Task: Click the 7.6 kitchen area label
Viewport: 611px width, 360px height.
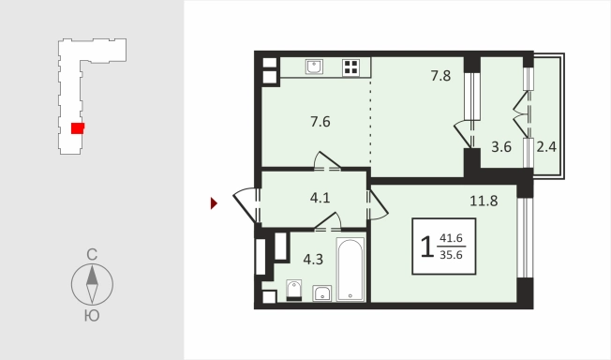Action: click(320, 122)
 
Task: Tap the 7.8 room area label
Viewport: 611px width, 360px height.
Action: click(440, 76)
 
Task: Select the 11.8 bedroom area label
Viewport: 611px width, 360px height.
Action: click(484, 201)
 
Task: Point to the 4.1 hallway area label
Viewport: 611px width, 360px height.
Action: click(320, 198)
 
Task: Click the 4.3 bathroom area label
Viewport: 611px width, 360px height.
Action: click(313, 260)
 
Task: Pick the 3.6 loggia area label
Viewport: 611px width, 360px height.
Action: click(501, 147)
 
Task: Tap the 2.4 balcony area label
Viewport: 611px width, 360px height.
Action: click(546, 147)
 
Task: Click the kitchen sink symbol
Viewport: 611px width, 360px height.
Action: click(314, 67)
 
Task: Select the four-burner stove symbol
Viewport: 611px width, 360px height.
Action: click(350, 67)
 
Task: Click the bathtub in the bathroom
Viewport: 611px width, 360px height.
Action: click(350, 269)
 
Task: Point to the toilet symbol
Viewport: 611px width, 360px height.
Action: click(294, 291)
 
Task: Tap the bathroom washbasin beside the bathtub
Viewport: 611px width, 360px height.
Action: click(322, 293)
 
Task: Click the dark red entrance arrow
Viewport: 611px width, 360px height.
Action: click(214, 203)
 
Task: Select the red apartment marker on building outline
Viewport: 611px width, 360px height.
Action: click(78, 128)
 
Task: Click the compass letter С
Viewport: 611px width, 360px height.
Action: click(92, 255)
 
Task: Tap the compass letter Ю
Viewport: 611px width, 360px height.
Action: click(92, 316)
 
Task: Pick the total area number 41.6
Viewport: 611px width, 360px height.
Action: click(451, 238)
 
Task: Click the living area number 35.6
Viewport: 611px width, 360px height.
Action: click(451, 255)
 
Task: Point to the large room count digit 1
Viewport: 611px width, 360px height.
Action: click(427, 247)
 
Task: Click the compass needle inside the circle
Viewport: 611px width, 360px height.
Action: click(92, 284)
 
